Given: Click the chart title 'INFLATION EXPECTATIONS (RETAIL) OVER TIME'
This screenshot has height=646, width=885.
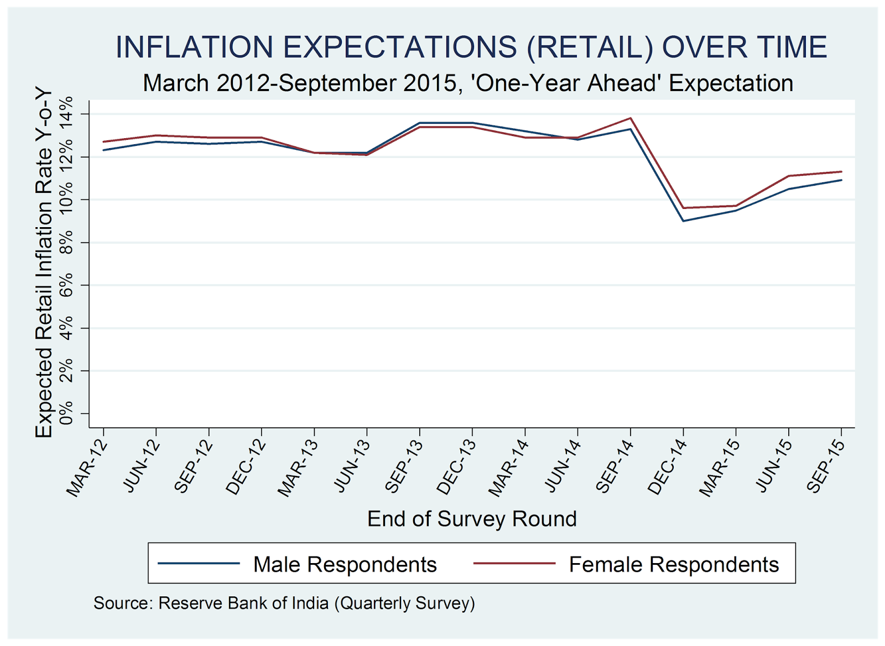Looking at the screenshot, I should [471, 47].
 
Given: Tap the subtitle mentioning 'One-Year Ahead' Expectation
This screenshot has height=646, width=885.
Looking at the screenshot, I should [468, 83].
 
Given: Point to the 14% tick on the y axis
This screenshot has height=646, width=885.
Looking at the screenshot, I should [67, 113].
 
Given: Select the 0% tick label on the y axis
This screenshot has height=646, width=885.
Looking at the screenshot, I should [67, 413].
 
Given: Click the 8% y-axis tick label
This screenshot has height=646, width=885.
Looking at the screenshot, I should [67, 242].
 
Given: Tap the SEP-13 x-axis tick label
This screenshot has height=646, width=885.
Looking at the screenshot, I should [404, 468].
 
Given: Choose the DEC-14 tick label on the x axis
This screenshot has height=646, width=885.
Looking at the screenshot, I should [667, 468].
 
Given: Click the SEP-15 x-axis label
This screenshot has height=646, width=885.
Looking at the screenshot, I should [826, 468].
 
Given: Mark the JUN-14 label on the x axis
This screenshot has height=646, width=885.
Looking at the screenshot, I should [562, 468].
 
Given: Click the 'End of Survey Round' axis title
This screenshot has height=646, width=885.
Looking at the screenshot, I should [472, 519].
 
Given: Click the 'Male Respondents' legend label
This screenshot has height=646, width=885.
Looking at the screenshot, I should [345, 564].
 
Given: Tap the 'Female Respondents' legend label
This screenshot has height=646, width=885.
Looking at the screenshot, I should [674, 564].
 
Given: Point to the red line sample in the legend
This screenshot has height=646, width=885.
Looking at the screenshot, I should [514, 564].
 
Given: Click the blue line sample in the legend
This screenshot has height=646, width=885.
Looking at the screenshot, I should [199, 564].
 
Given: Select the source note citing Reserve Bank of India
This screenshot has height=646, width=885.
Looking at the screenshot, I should [284, 603].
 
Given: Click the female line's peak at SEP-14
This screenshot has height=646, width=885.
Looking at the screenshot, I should [631, 118].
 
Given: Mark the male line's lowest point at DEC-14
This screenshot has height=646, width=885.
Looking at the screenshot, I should [684, 221].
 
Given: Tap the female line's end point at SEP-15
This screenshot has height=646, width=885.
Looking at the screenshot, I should [841, 172].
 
